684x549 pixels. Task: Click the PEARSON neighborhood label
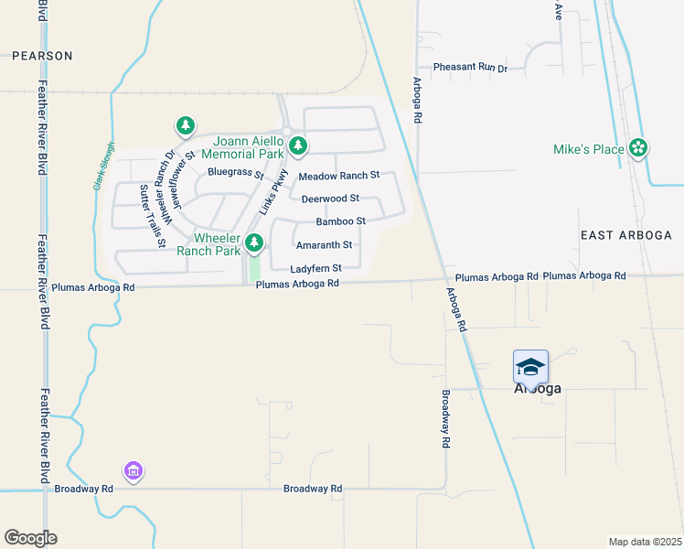(x=42, y=56)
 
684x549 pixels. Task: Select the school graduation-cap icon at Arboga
(x=530, y=367)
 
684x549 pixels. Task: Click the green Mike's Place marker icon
(x=638, y=148)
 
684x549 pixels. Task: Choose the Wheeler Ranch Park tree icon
(x=255, y=243)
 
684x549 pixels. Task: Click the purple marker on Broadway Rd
(x=134, y=470)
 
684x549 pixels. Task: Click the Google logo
(x=30, y=538)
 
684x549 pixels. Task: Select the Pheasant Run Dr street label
(x=470, y=68)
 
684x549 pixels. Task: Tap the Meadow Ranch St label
(x=339, y=176)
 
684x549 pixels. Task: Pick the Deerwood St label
(x=330, y=199)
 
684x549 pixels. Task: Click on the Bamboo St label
(x=340, y=221)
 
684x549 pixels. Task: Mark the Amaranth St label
(x=324, y=245)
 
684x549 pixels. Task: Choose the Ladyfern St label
(x=315, y=269)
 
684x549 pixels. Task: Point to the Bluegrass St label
(x=235, y=172)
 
